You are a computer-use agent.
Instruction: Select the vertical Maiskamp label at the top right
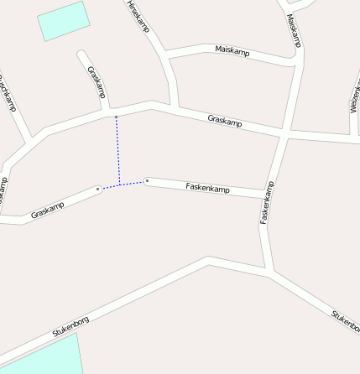coord(293,30)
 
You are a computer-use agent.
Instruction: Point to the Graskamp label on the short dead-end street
coord(96,81)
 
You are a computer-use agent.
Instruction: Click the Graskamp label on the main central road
coord(224,122)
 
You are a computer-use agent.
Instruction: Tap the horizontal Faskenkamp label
coord(207,187)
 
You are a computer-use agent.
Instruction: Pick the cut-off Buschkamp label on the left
coord(7,93)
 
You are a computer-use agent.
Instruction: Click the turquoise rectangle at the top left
coord(63,21)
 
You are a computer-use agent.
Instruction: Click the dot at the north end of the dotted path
coord(116,115)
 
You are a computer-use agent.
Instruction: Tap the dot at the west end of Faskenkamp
coord(147,180)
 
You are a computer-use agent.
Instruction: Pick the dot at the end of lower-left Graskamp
coord(98,190)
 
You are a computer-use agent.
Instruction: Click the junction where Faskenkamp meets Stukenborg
coord(269,273)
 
